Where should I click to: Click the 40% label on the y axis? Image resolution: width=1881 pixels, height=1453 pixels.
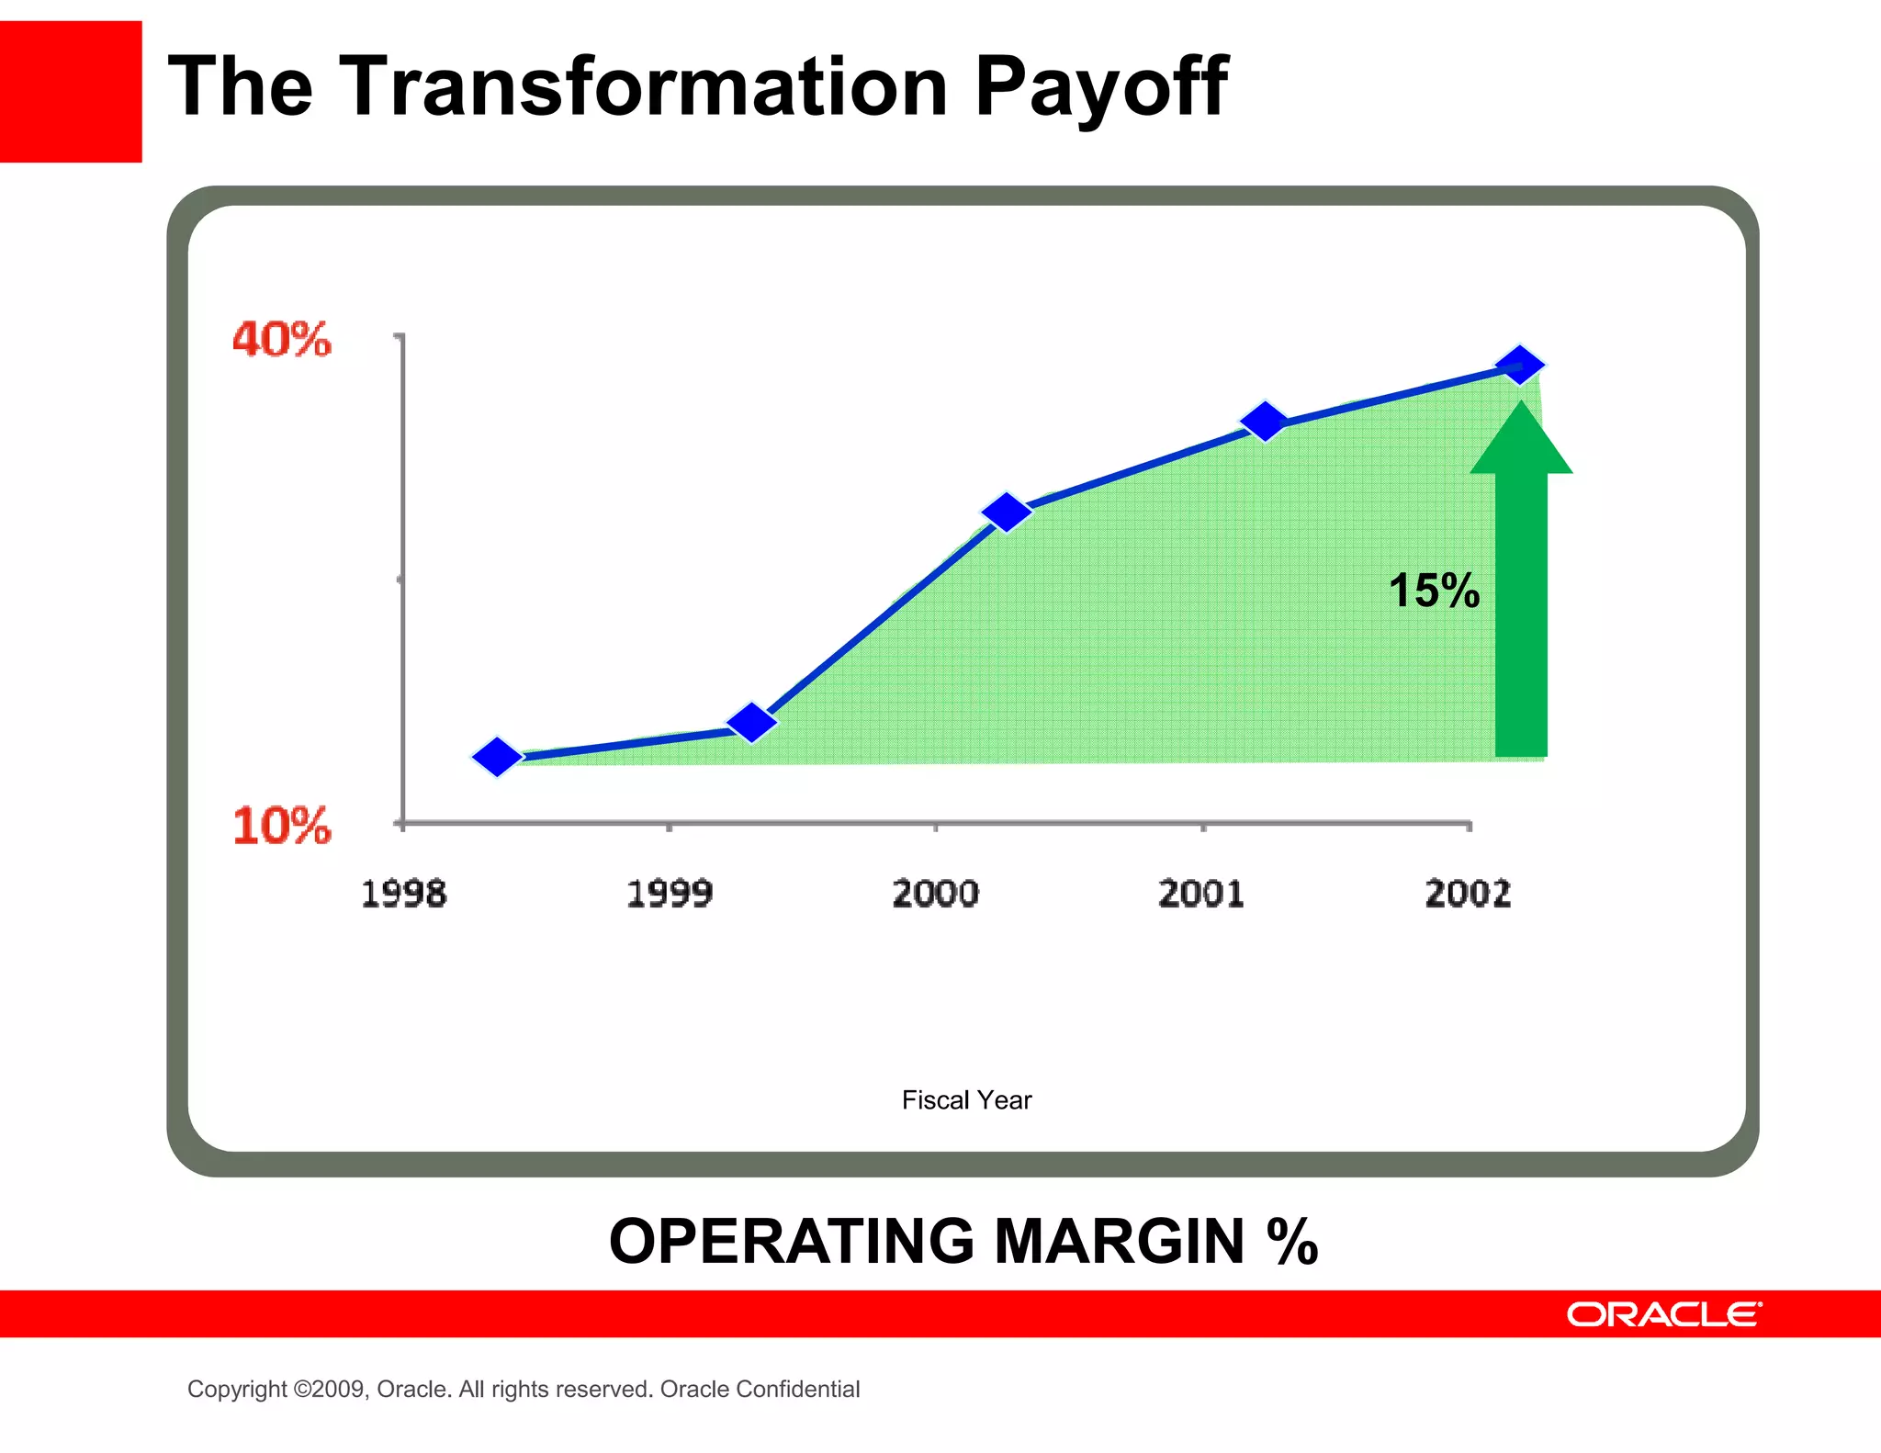[281, 340]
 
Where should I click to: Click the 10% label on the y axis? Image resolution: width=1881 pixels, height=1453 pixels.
[281, 826]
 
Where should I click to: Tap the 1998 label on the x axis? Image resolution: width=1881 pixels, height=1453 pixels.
[403, 894]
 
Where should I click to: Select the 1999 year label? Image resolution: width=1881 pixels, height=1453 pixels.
[670, 894]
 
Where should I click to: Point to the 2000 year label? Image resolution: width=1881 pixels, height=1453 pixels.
[935, 894]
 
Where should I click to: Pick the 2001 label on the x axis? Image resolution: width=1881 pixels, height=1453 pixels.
[1201, 894]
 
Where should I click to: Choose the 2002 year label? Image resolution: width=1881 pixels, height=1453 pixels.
[1468, 894]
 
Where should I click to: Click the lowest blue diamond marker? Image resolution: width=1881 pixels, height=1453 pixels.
[497, 757]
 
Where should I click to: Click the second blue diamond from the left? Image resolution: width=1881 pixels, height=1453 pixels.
[752, 723]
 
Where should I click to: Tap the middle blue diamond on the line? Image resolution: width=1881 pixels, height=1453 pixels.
[1007, 512]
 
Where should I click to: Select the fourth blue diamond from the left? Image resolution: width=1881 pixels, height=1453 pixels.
[1264, 422]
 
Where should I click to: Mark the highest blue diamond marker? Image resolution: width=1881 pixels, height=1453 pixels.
[1520, 366]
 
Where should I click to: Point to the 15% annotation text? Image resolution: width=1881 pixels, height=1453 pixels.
[1433, 591]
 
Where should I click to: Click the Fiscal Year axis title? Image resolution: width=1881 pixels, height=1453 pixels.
[966, 1100]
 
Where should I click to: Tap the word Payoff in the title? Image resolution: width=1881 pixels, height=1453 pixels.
[1100, 87]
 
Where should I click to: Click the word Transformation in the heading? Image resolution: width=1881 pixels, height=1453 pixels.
[643, 87]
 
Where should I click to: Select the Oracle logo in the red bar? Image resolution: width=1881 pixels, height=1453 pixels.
[1663, 1314]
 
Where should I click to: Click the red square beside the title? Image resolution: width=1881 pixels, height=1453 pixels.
[71, 92]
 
